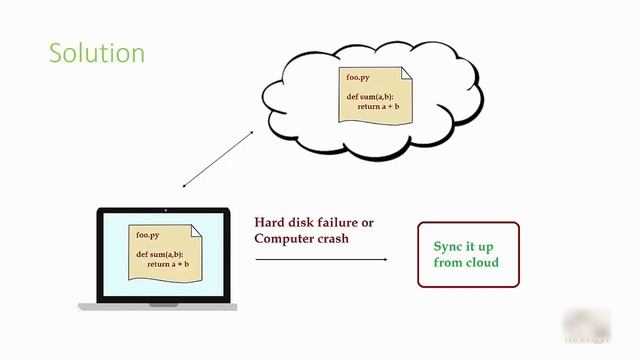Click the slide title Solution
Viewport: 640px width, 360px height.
tap(97, 53)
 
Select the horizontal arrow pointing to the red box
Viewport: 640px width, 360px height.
tap(320, 259)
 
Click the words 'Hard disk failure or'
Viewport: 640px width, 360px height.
tap(313, 223)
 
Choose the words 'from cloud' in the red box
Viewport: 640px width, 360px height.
tap(465, 263)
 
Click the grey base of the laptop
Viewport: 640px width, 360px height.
tap(159, 306)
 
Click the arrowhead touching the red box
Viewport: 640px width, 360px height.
tap(384, 259)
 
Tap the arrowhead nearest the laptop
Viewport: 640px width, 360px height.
tap(186, 185)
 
